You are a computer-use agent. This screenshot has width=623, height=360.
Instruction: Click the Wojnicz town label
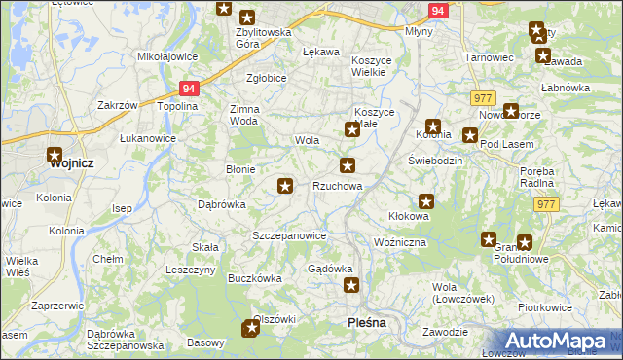[x=71, y=163]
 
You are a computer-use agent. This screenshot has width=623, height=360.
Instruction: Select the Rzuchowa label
[x=337, y=186]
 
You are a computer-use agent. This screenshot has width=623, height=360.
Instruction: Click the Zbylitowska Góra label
[x=264, y=38]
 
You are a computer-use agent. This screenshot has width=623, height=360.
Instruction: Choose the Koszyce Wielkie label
[x=371, y=66]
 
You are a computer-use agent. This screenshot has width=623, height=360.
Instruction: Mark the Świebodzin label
[x=434, y=160]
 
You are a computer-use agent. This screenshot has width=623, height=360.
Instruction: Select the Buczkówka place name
[x=254, y=277]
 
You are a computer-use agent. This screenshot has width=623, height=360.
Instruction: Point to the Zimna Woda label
[x=244, y=116]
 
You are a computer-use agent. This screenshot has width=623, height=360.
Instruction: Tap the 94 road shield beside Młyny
[x=438, y=11]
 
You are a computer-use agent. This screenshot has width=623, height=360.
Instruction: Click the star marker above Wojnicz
[x=54, y=154]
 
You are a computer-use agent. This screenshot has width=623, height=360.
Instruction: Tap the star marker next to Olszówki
[x=251, y=329]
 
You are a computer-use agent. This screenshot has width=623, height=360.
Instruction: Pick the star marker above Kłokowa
[x=425, y=201]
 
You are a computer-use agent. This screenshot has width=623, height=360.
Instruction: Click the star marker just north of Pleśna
[x=351, y=286]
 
